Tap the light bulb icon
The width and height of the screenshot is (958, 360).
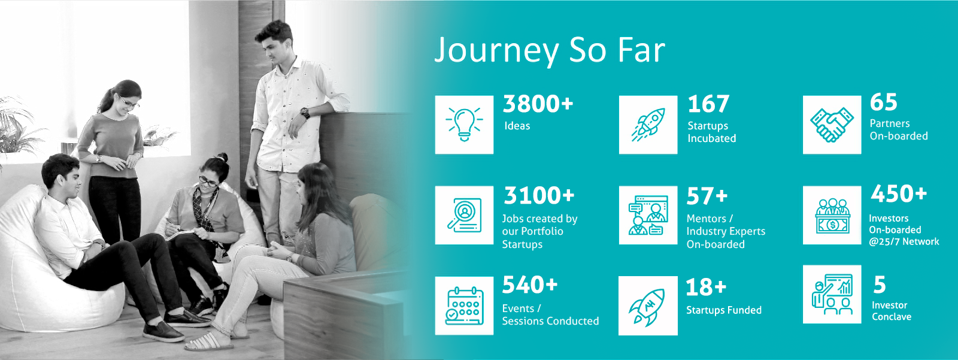464,125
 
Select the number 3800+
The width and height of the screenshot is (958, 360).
538,104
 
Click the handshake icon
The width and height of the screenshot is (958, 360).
832,125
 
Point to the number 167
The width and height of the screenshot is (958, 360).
708,104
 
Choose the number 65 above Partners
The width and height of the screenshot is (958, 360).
883,102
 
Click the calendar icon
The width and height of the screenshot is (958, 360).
465,305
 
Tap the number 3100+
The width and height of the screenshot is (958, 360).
539,196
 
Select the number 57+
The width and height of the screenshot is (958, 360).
707,196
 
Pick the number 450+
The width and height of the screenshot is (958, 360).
899,193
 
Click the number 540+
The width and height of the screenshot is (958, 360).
530,285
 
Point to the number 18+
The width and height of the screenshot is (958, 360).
706,287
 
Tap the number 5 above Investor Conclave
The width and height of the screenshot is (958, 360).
880,285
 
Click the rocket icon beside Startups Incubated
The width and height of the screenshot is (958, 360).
648,125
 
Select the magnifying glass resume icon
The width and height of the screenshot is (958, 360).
465,215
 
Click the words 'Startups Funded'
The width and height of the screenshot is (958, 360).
724,310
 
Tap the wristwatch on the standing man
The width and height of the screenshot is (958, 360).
305,113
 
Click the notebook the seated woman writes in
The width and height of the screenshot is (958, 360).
180,234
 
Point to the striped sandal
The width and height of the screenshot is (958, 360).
209,342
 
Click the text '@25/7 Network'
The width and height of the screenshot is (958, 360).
904,241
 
